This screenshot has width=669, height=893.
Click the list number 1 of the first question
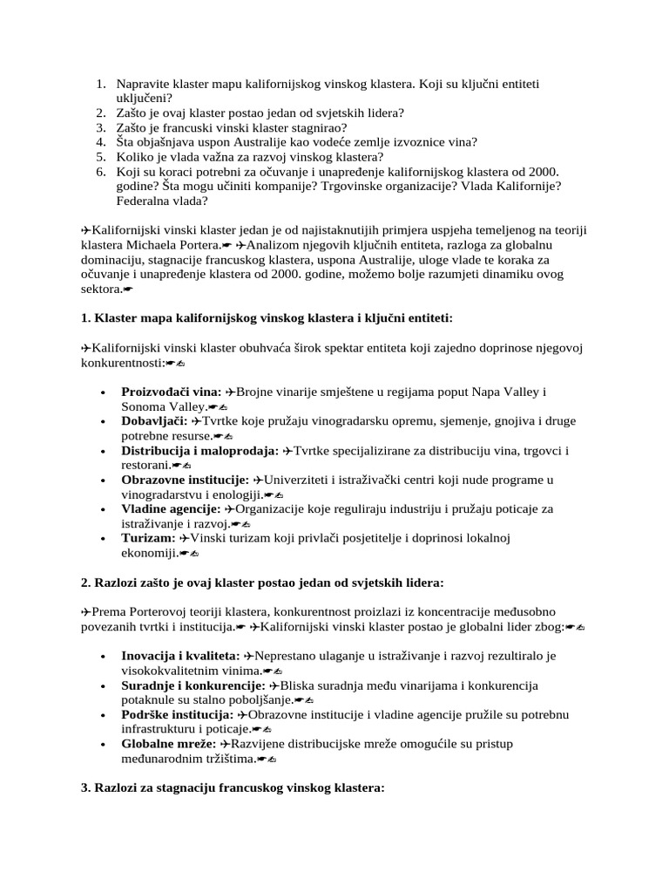click(100, 84)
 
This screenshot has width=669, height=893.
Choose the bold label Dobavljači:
click(154, 421)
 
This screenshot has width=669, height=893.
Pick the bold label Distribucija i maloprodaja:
click(199, 451)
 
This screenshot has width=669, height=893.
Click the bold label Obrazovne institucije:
click(186, 481)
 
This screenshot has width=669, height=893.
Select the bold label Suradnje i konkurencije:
click(193, 685)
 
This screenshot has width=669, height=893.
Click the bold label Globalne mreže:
click(169, 744)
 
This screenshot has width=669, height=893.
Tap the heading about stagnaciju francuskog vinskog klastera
click(233, 787)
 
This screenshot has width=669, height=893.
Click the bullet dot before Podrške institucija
click(104, 715)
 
